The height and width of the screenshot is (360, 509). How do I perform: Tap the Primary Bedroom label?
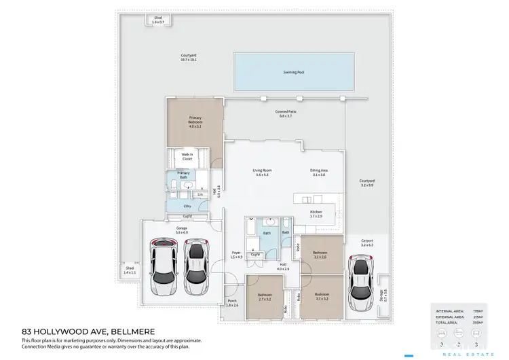195,120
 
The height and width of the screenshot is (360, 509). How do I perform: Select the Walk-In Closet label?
187,157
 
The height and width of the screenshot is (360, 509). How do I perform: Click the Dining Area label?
319,173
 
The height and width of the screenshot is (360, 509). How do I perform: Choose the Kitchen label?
316,213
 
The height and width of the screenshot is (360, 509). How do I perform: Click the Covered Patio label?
285,113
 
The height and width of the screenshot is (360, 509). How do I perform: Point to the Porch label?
232,304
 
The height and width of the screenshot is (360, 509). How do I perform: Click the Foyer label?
235,255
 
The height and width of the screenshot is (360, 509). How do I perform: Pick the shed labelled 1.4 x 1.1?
130,270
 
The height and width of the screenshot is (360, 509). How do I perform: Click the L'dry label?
187,205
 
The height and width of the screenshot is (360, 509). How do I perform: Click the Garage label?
181,230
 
